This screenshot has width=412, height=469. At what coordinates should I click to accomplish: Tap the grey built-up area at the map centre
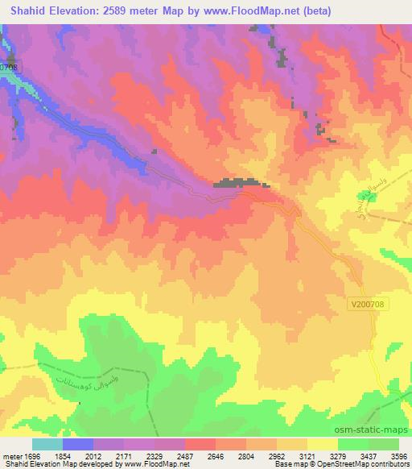pyautogui.click(x=237, y=184)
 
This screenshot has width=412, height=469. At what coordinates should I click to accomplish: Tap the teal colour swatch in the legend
pyautogui.click(x=47, y=444)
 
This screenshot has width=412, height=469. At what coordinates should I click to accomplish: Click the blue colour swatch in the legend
pyautogui.click(x=78, y=444)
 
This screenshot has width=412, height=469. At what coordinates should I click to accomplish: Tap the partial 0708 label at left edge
pyautogui.click(x=8, y=68)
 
